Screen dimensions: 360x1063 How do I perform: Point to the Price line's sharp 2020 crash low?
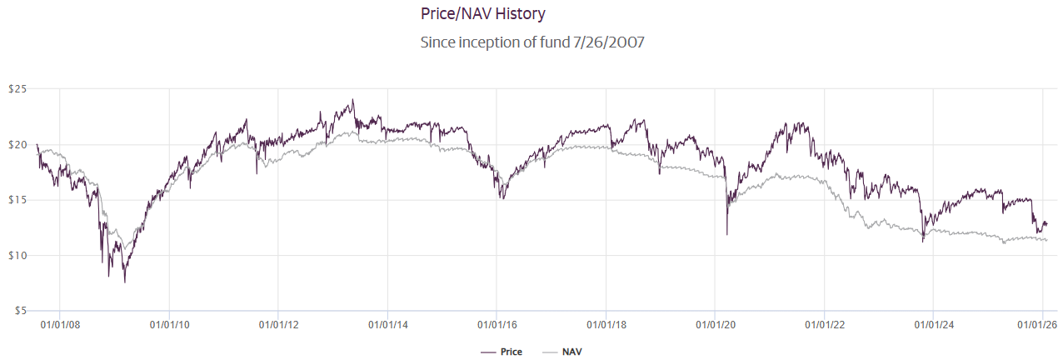pyautogui.click(x=727, y=234)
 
